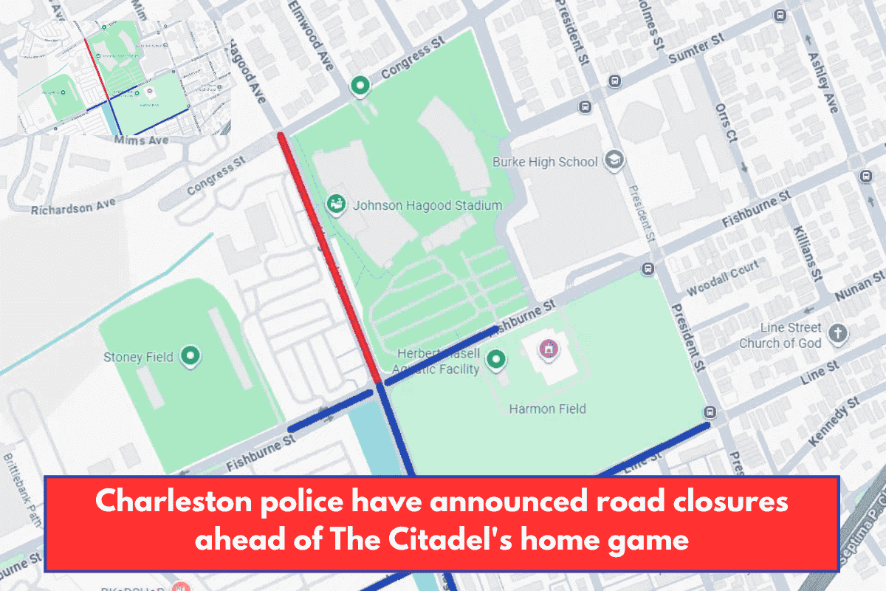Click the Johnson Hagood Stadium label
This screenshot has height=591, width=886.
pyautogui.click(x=427, y=205)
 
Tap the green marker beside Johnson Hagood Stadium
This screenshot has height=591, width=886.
pyautogui.click(x=336, y=204)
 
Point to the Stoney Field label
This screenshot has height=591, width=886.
pyautogui.click(x=138, y=358)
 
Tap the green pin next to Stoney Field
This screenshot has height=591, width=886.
pyautogui.click(x=192, y=357)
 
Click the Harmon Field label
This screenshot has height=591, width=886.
pyautogui.click(x=547, y=409)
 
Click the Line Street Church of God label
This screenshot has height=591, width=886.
pyautogui.click(x=781, y=335)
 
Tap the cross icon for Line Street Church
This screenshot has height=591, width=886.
pyautogui.click(x=837, y=334)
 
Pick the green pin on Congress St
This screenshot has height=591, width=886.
pyautogui.click(x=360, y=86)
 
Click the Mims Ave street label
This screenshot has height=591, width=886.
pyautogui.click(x=141, y=140)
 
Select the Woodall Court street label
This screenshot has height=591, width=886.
pyautogui.click(x=723, y=279)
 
